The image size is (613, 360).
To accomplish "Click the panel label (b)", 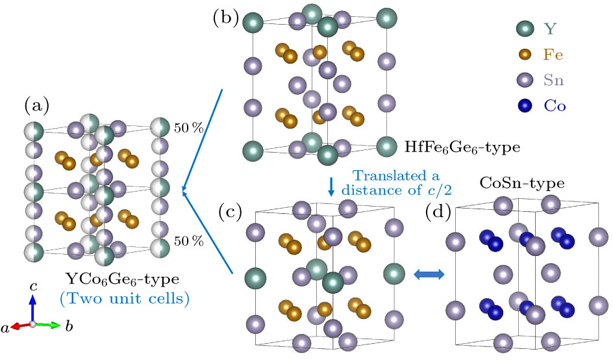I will click(x=223, y=18).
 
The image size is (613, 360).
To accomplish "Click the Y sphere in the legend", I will click(x=525, y=29).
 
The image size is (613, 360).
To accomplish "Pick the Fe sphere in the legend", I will click(x=525, y=55).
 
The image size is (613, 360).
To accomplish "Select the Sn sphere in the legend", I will click(x=525, y=80).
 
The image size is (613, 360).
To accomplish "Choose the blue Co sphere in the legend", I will click(x=525, y=106).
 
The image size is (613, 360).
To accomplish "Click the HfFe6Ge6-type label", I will click(x=462, y=148).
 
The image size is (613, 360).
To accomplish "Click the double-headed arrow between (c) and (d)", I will click(x=429, y=275).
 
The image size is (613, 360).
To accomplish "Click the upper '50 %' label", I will click(x=189, y=128).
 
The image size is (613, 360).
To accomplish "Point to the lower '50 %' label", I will click(x=189, y=242).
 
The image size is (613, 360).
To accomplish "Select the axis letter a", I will click(x=6, y=329).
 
